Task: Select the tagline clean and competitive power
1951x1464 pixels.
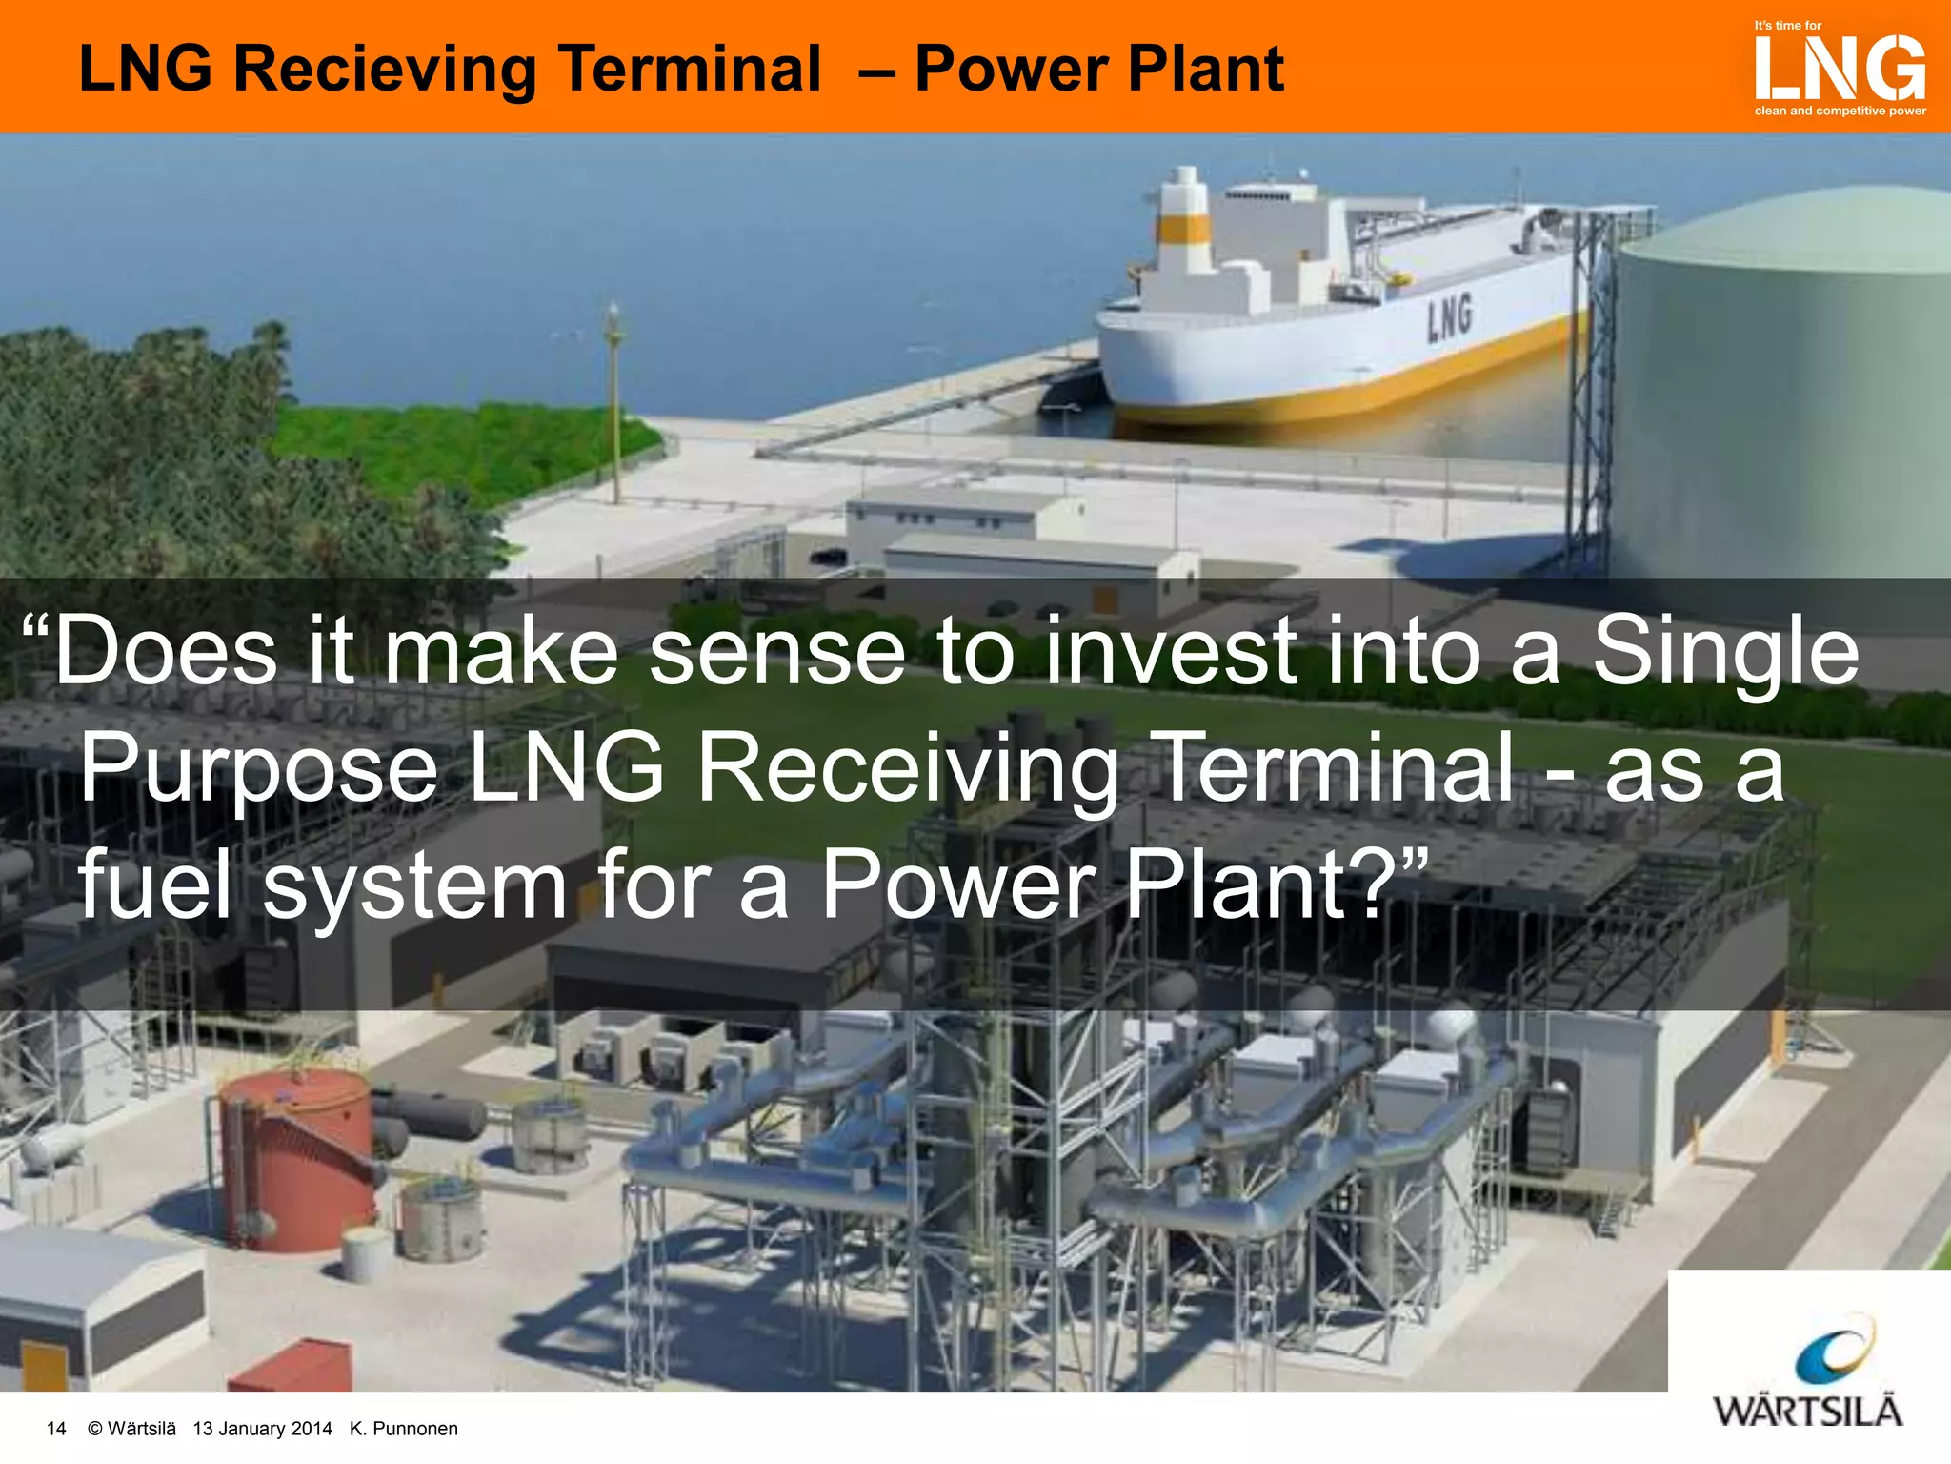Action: (x=1840, y=112)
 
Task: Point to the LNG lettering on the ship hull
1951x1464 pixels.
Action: (x=1449, y=317)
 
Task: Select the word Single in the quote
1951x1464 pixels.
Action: (x=1725, y=651)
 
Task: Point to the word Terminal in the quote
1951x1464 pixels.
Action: (x=1334, y=766)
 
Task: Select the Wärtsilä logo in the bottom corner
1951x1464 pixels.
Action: (x=1808, y=1372)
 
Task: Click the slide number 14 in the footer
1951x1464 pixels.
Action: (x=56, y=1428)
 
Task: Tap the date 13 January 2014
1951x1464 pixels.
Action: (x=262, y=1428)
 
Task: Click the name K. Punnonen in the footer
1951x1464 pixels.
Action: (x=404, y=1428)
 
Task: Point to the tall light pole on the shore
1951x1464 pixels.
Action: (x=614, y=400)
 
